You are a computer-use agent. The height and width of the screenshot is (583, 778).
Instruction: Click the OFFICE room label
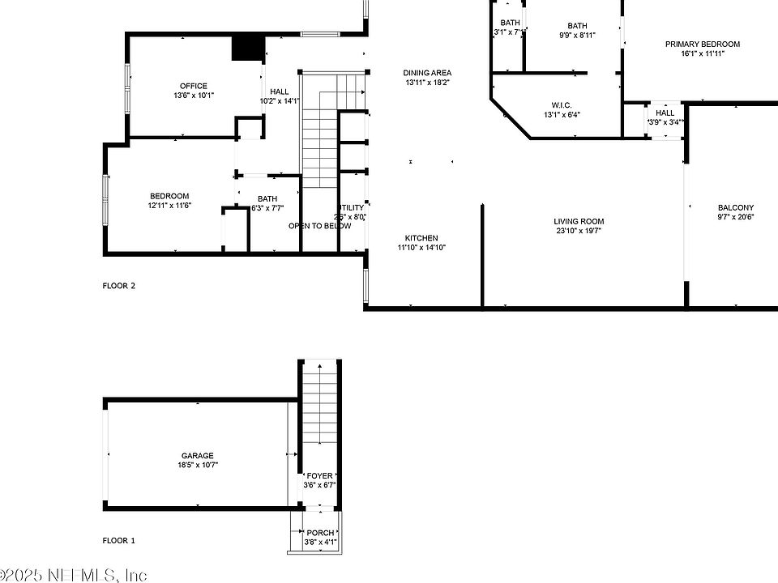pyautogui.click(x=194, y=86)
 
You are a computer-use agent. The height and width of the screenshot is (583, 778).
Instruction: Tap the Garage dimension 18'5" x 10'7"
pyautogui.click(x=198, y=465)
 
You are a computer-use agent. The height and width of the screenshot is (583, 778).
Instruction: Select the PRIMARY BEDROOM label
pyautogui.click(x=703, y=45)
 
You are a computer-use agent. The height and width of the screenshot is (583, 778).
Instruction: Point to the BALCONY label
pyautogui.click(x=736, y=207)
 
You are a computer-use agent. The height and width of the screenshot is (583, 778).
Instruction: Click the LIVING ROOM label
pyautogui.click(x=579, y=221)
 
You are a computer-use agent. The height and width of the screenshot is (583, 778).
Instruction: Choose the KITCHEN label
pyautogui.click(x=421, y=238)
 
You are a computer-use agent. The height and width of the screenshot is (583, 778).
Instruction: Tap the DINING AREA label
pyautogui.click(x=427, y=73)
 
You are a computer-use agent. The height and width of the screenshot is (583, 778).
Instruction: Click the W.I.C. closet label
pyautogui.click(x=562, y=105)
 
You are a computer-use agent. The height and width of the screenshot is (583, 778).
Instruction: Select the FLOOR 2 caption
pyautogui.click(x=119, y=286)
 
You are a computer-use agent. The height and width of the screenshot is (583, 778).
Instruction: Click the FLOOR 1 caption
pyautogui.click(x=119, y=540)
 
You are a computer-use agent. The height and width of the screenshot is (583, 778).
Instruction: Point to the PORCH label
pyautogui.click(x=320, y=533)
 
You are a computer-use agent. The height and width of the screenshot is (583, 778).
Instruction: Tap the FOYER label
pyautogui.click(x=319, y=476)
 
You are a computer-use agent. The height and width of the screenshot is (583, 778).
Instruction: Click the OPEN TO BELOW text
pyautogui.click(x=320, y=226)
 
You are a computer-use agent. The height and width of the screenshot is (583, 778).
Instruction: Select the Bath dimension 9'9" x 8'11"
pyautogui.click(x=577, y=36)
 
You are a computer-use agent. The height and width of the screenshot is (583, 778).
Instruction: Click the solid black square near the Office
pyautogui.click(x=249, y=48)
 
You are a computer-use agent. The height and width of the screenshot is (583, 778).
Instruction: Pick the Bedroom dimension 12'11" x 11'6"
pyautogui.click(x=169, y=206)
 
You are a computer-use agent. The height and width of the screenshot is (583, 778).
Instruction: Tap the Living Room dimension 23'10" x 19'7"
pyautogui.click(x=579, y=231)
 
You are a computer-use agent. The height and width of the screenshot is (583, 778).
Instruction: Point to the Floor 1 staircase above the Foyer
pyautogui.click(x=321, y=405)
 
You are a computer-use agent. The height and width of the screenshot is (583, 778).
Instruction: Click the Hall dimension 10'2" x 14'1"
pyautogui.click(x=280, y=101)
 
